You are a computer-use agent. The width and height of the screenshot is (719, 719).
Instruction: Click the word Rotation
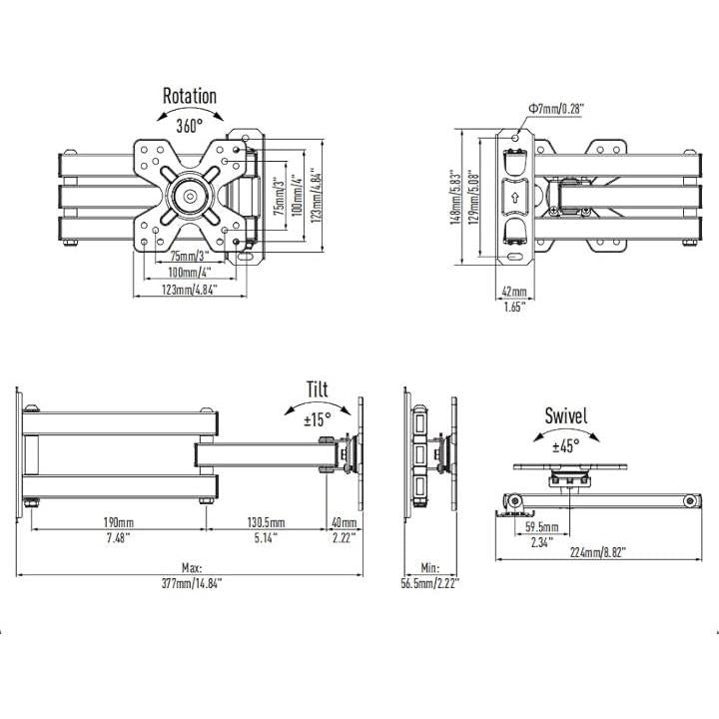[x=190, y=96]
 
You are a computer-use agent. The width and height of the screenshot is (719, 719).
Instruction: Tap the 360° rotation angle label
[x=190, y=125]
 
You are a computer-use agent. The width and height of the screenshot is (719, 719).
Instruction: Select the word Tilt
[x=318, y=389]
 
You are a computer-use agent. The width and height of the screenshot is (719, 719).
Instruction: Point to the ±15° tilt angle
[x=318, y=419]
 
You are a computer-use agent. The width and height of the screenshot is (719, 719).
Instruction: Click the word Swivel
[x=566, y=415]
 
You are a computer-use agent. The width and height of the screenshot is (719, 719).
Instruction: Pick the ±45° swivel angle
[x=566, y=445]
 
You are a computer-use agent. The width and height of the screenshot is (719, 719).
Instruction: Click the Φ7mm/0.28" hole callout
[x=556, y=109]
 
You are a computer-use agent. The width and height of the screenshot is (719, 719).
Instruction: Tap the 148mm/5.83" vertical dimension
[x=455, y=197]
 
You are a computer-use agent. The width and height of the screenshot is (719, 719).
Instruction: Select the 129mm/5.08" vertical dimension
[x=473, y=197]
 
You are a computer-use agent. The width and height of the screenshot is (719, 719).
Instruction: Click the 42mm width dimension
[x=514, y=292]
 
